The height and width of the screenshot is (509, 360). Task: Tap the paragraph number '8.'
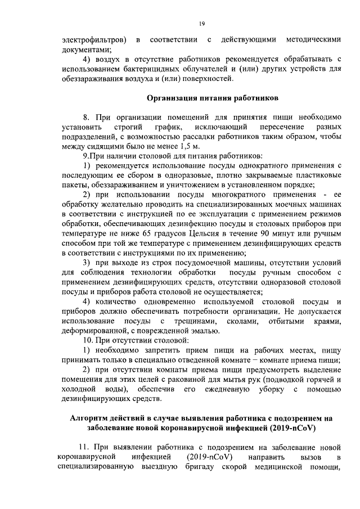pyautogui.click(x=87, y=117)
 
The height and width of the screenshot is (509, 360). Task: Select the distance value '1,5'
pyautogui.click(x=178, y=147)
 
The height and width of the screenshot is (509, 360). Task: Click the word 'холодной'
pyautogui.click(x=79, y=390)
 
